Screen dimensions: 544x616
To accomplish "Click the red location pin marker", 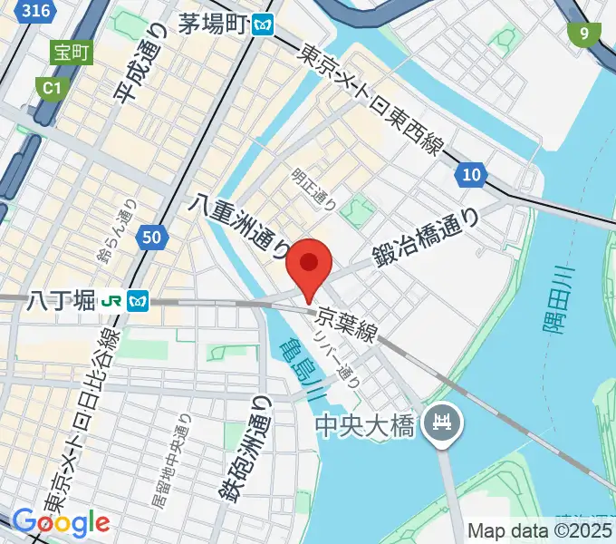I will (310, 264).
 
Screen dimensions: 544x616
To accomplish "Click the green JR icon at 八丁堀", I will (114, 299).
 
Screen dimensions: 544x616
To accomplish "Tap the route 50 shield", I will (153, 238).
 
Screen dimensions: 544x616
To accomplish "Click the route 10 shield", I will (471, 175).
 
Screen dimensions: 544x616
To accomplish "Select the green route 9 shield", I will (584, 34).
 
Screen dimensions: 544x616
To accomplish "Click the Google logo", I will (61, 522).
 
